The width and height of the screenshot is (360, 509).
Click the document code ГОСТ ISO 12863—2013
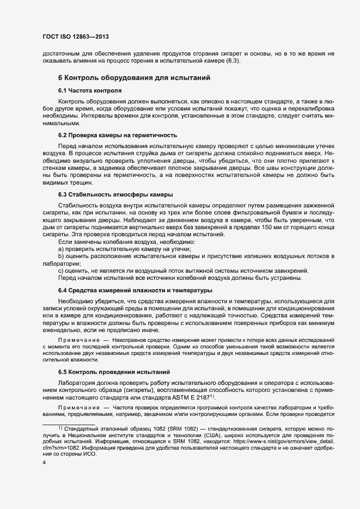click(x=79, y=36)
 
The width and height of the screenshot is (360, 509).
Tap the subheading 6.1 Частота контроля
click(x=89, y=90)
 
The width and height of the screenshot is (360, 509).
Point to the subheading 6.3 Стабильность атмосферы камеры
click(x=115, y=194)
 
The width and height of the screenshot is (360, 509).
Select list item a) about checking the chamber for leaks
click(x=129, y=248)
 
